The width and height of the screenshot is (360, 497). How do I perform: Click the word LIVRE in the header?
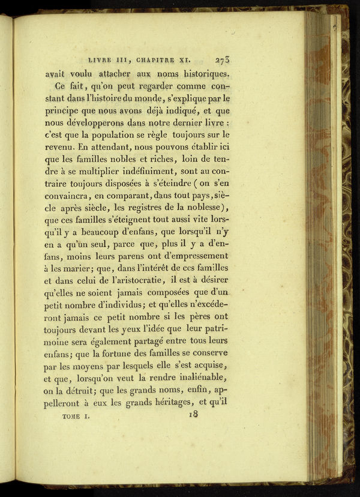pyautogui.click(x=101, y=61)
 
